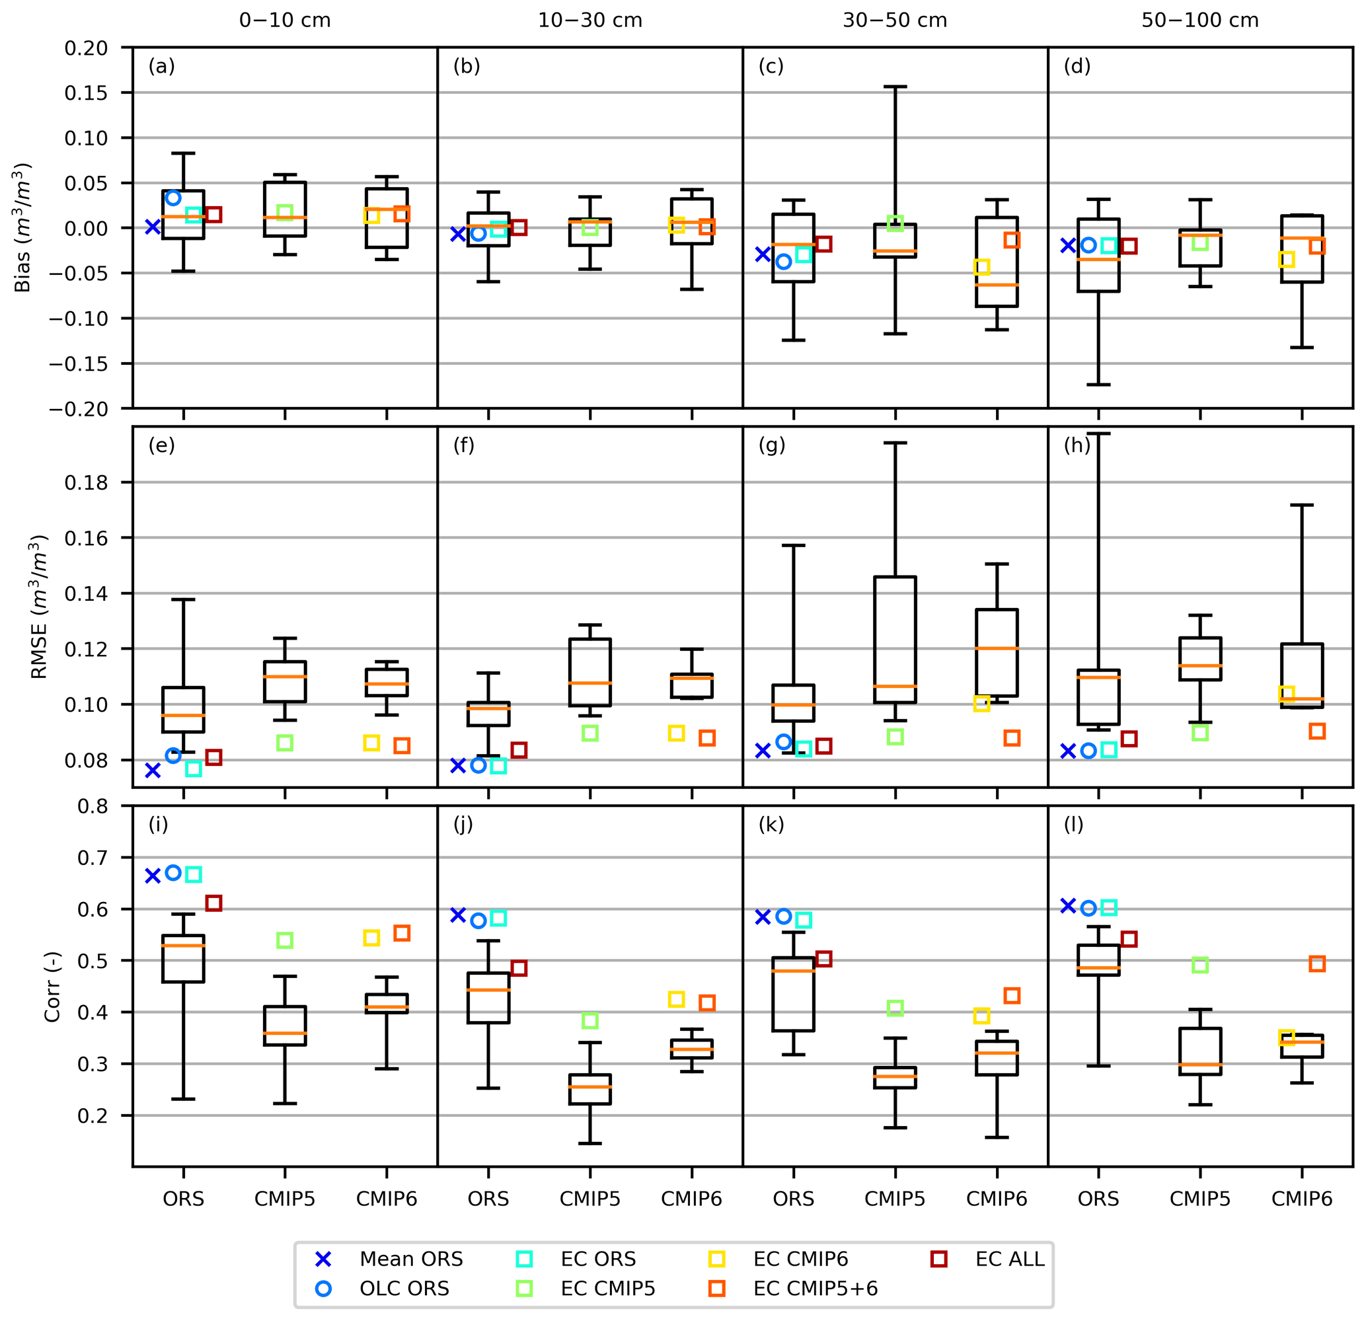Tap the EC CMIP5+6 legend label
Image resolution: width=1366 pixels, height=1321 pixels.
coord(815,1288)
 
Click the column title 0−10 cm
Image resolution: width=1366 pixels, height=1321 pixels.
coord(284,20)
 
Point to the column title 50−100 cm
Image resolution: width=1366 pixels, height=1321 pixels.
coord(1199,20)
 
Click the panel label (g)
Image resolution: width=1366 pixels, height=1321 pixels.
coord(771,445)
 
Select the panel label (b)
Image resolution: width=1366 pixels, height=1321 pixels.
coord(467,66)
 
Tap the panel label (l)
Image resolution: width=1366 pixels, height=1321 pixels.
coord(1073,824)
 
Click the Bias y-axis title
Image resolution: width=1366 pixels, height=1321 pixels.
coord(22,227)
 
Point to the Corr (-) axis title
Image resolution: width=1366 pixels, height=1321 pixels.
coord(52,987)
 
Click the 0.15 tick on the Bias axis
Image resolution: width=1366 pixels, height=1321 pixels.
coord(87,93)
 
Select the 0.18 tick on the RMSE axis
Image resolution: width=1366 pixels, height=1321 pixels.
coord(87,482)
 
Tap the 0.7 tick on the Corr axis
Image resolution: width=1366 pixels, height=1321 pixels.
coord(93,857)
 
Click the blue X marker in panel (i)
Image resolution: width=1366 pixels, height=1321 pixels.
coord(153,876)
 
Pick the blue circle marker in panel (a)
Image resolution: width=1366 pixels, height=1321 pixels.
coord(173,198)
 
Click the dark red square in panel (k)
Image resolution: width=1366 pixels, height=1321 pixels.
coord(823,959)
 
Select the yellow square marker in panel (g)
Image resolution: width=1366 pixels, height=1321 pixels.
coord(981,704)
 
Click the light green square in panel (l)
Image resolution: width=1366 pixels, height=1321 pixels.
coord(1199,965)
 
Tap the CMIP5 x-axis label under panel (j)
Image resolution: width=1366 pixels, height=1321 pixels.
coord(589,1198)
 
